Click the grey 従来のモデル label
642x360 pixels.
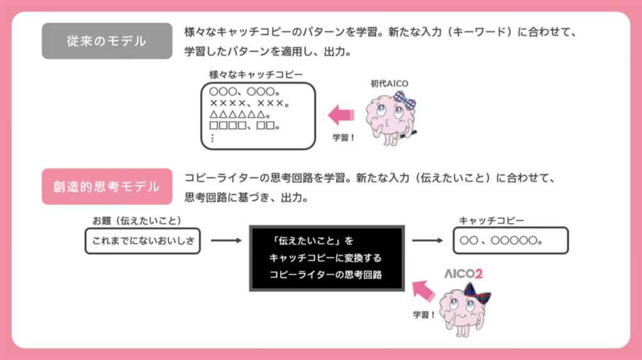point(107,41)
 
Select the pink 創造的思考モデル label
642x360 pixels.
point(107,186)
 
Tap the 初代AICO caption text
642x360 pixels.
point(389,83)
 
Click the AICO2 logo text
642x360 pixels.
point(463,274)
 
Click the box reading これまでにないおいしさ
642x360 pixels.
point(142,240)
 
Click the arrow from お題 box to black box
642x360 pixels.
point(225,240)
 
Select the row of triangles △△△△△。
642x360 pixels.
point(240,115)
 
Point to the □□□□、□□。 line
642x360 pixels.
point(245,127)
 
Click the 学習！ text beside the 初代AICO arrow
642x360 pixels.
point(343,137)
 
